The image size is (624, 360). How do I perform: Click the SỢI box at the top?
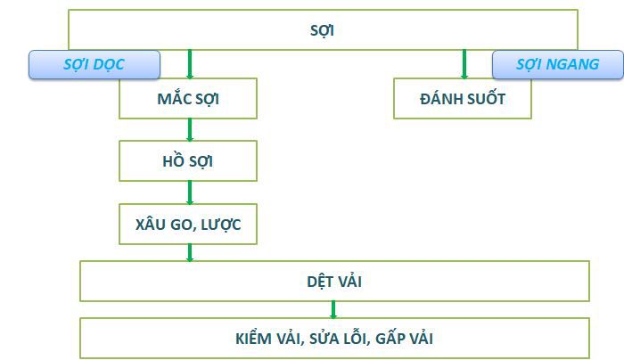(x=323, y=29)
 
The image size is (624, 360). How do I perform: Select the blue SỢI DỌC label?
(x=94, y=64)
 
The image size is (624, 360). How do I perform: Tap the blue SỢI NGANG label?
(x=557, y=64)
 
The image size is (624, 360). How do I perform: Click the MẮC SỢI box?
(x=188, y=98)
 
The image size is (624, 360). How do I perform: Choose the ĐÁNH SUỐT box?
(x=462, y=98)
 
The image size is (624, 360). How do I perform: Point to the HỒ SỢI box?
(x=188, y=161)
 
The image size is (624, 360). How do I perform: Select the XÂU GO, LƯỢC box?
(x=188, y=224)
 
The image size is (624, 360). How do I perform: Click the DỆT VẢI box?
(x=334, y=282)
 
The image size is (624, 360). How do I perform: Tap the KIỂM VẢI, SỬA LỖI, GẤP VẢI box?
(x=334, y=338)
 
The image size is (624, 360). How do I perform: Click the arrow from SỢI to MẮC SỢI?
(x=190, y=64)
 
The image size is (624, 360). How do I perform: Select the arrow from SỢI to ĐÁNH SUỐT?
(x=464, y=64)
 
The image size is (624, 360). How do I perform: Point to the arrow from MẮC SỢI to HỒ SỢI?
(x=190, y=130)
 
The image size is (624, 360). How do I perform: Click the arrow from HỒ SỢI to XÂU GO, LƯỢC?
(x=190, y=192)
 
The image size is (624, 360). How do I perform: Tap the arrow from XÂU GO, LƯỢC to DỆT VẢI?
(x=190, y=252)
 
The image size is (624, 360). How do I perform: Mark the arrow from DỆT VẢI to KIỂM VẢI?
(x=333, y=309)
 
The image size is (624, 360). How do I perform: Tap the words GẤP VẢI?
(x=405, y=339)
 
